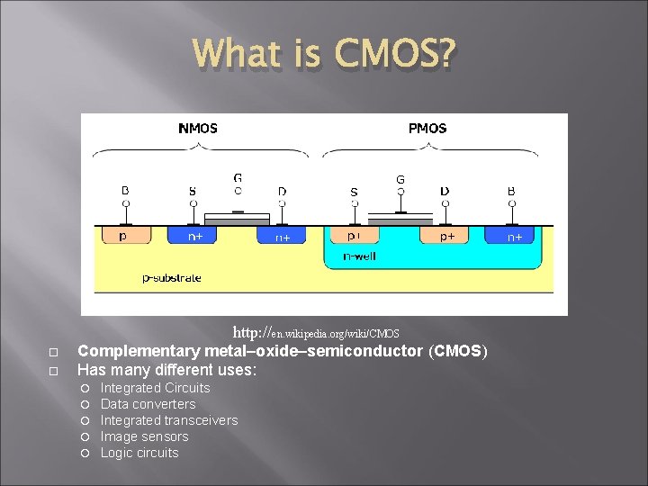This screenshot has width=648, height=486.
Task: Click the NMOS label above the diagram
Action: (197, 128)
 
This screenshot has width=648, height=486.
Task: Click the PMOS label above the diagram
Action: (427, 128)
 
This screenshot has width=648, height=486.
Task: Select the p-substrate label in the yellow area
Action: (172, 278)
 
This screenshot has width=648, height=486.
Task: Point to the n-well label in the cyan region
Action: (360, 256)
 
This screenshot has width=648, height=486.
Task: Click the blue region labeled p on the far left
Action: (124, 236)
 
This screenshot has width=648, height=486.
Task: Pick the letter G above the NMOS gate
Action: (238, 178)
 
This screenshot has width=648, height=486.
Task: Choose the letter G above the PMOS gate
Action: (400, 179)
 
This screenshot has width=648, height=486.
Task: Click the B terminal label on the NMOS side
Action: (125, 190)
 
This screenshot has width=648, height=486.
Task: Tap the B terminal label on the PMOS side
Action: (511, 190)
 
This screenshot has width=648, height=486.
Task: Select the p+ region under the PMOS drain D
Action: (446, 236)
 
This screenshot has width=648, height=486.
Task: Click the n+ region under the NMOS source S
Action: (193, 236)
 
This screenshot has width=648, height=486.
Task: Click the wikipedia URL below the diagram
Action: (316, 333)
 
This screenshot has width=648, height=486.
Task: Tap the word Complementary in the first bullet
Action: (139, 351)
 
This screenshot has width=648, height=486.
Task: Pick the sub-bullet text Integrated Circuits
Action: (155, 388)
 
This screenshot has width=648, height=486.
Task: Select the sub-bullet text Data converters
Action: (148, 404)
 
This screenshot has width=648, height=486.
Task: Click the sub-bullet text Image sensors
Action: (144, 436)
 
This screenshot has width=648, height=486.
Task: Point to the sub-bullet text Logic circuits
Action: (139, 453)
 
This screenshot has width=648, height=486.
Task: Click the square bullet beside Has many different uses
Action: (53, 370)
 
